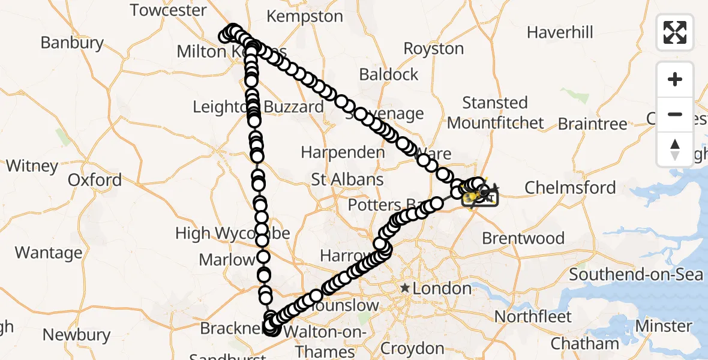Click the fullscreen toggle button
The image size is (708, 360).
[675, 32]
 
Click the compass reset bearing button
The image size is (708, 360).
[675, 149]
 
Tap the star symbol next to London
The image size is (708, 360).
[406, 289]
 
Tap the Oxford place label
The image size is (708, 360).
[94, 180]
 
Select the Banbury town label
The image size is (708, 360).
[72, 43]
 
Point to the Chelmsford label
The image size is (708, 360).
[570, 188]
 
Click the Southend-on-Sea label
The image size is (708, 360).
[636, 275]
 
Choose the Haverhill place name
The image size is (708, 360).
[560, 32]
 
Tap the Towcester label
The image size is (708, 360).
[168, 10]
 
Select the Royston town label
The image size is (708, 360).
[434, 49]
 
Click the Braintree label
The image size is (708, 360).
[592, 124]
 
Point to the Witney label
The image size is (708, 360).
[32, 166]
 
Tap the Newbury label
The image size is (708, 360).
[76, 335]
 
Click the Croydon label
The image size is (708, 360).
[413, 349]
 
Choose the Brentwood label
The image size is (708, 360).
[523, 238]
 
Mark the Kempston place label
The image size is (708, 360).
[306, 16]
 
